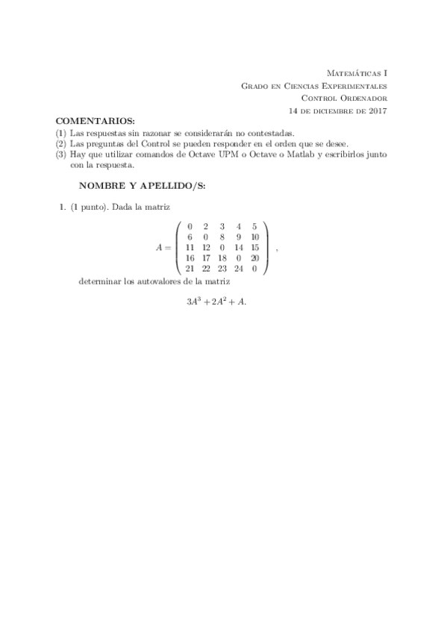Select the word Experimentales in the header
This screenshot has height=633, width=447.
click(x=353, y=86)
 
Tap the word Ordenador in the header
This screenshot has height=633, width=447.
click(x=364, y=98)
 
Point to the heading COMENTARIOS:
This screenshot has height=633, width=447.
click(x=95, y=121)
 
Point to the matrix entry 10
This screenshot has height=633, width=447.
click(x=255, y=237)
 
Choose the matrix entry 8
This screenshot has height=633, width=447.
click(x=222, y=237)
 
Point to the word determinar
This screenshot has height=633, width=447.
click(x=97, y=282)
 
